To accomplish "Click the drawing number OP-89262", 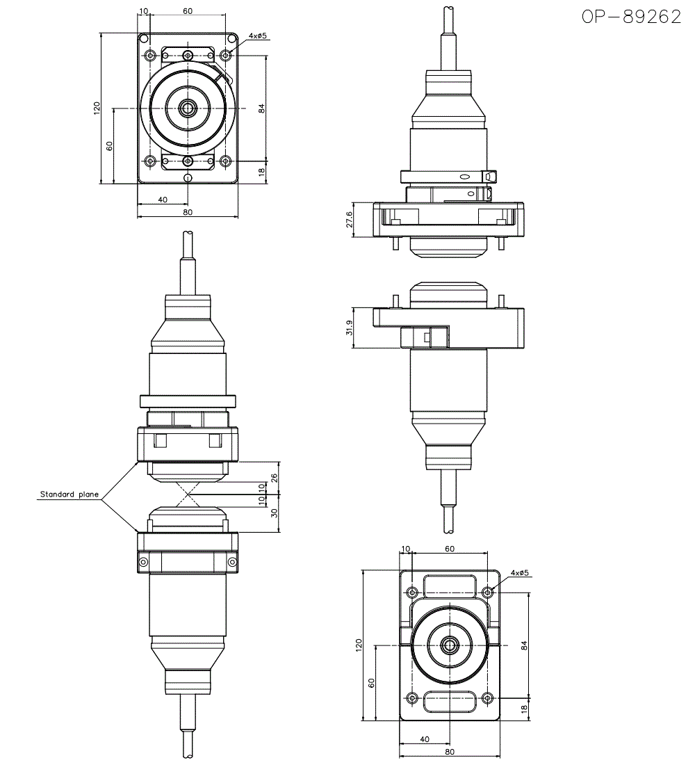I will pyautogui.click(x=631, y=17).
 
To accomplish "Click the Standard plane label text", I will pyautogui.click(x=69, y=494).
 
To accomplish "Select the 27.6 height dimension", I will pyautogui.click(x=349, y=220).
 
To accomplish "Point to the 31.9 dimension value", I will pyautogui.click(x=349, y=327).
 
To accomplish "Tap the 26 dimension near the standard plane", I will pyautogui.click(x=273, y=478).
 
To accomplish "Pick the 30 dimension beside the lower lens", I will pyautogui.click(x=273, y=513).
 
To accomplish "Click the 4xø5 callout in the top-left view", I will pyautogui.click(x=258, y=35).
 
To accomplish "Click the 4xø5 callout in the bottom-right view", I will pyautogui.click(x=520, y=573).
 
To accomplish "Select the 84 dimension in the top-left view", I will pyautogui.click(x=261, y=108).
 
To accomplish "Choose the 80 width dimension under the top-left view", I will pyautogui.click(x=187, y=212).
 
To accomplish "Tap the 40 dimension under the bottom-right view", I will pyautogui.click(x=425, y=739).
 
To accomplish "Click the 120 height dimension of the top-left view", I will pyautogui.click(x=97, y=108).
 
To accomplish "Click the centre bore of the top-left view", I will pyautogui.click(x=187, y=108).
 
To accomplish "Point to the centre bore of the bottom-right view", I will pyautogui.click(x=450, y=645).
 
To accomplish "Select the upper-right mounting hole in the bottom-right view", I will pyautogui.click(x=488, y=593).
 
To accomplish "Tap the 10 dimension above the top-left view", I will pyautogui.click(x=144, y=12).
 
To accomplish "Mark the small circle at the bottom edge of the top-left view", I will pyautogui.click(x=187, y=178).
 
